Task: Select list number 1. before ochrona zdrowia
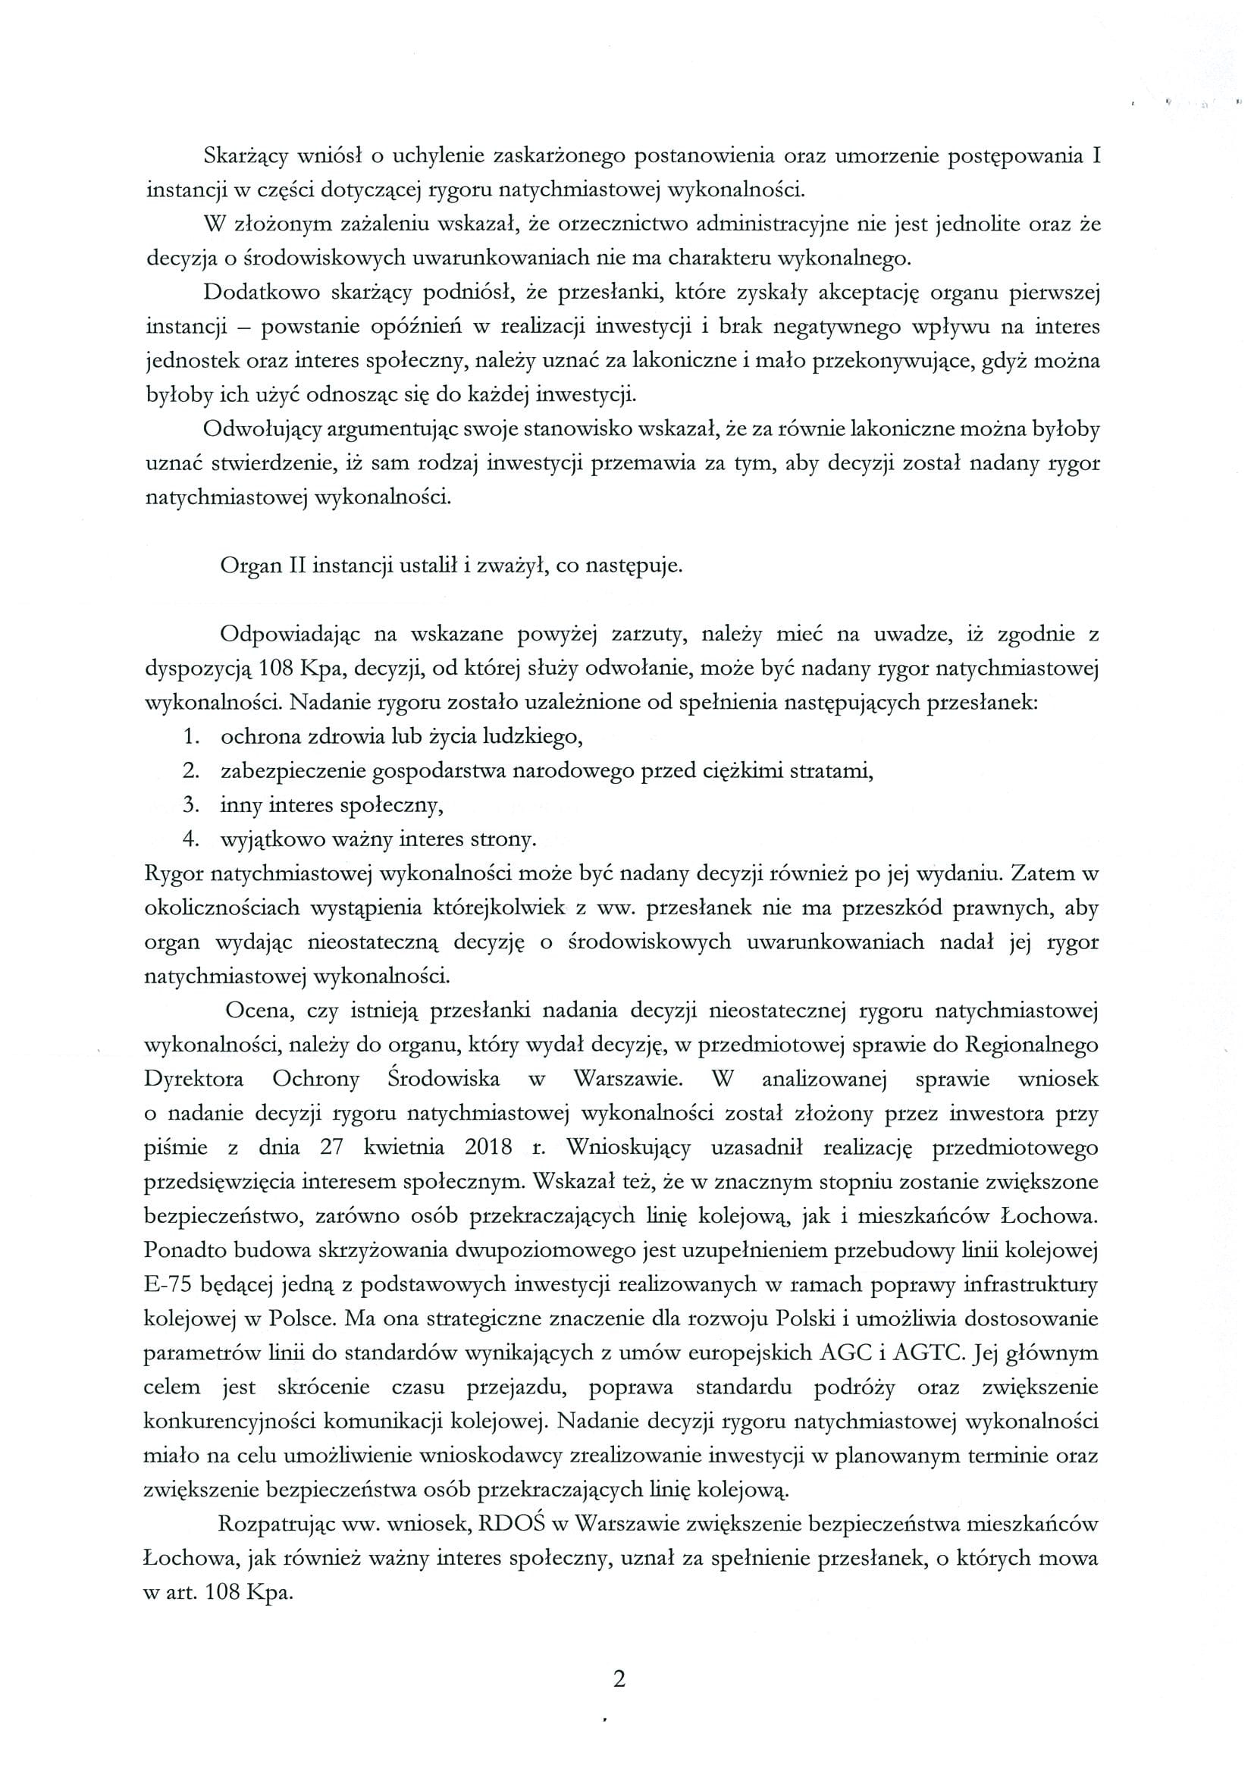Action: coord(193,737)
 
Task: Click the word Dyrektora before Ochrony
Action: coord(194,1080)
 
